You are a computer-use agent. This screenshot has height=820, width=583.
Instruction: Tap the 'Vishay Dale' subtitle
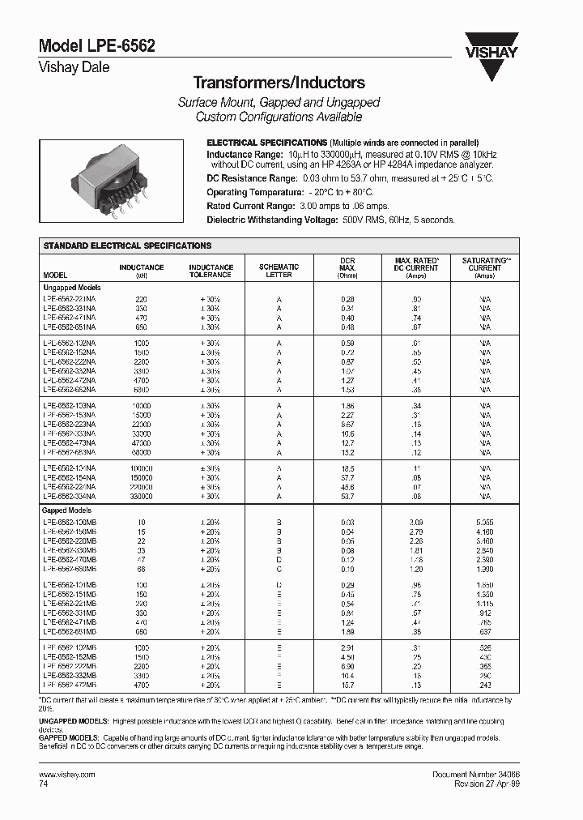74,68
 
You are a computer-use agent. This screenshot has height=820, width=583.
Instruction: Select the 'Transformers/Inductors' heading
279,83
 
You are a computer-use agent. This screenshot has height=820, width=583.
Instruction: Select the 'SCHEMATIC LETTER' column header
279,271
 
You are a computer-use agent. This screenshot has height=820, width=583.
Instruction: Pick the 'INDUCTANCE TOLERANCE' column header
211,271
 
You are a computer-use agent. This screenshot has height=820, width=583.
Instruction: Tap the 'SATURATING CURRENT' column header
485,264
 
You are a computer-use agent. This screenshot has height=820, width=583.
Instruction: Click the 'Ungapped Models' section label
72,287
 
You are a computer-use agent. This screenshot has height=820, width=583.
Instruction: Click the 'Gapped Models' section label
66,510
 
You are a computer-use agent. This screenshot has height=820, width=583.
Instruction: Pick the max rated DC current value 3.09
416,522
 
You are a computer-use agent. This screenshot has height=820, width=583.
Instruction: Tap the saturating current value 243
485,685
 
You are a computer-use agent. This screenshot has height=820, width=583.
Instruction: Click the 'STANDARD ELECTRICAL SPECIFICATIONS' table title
127,246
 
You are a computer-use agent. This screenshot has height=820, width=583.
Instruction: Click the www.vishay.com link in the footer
67,775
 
